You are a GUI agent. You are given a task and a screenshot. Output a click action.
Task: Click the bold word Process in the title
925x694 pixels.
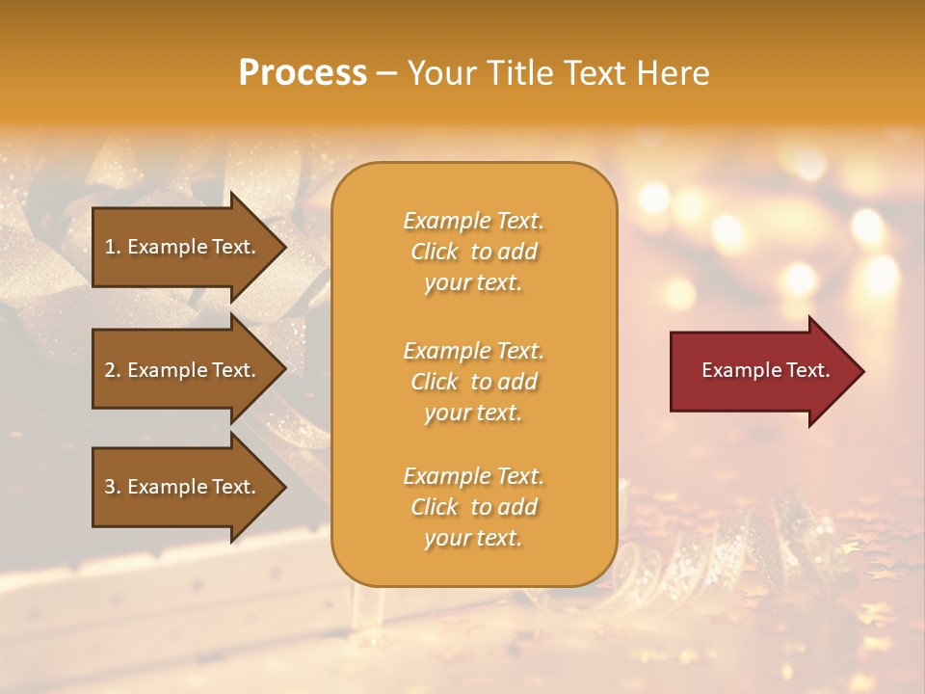[303, 73]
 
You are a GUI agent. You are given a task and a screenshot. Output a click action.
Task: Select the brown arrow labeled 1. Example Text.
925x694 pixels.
[183, 247]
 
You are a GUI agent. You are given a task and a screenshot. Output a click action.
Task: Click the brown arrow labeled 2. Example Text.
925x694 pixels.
[183, 370]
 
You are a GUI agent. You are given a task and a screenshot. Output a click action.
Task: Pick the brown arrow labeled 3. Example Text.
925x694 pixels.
[183, 487]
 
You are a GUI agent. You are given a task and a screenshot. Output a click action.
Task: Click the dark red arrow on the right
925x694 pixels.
[761, 371]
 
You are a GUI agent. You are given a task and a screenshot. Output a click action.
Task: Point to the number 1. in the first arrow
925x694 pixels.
[112, 247]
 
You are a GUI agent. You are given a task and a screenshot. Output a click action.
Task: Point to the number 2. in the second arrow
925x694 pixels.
[112, 370]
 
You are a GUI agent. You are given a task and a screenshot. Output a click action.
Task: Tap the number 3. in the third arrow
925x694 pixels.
[112, 487]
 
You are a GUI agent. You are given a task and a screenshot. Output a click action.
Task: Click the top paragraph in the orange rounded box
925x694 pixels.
[473, 252]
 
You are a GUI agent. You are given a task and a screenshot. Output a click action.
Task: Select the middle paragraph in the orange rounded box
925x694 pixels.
[473, 382]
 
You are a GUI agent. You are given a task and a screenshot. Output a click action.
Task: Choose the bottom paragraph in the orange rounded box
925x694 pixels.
[473, 507]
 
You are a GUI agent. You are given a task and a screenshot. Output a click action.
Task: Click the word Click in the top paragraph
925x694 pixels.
[435, 253]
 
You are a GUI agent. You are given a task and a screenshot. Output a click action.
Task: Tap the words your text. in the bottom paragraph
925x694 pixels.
[473, 539]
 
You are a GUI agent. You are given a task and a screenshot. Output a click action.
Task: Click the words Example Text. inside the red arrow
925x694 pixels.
[765, 370]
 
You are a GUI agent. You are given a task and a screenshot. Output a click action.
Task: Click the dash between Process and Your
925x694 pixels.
[386, 74]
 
